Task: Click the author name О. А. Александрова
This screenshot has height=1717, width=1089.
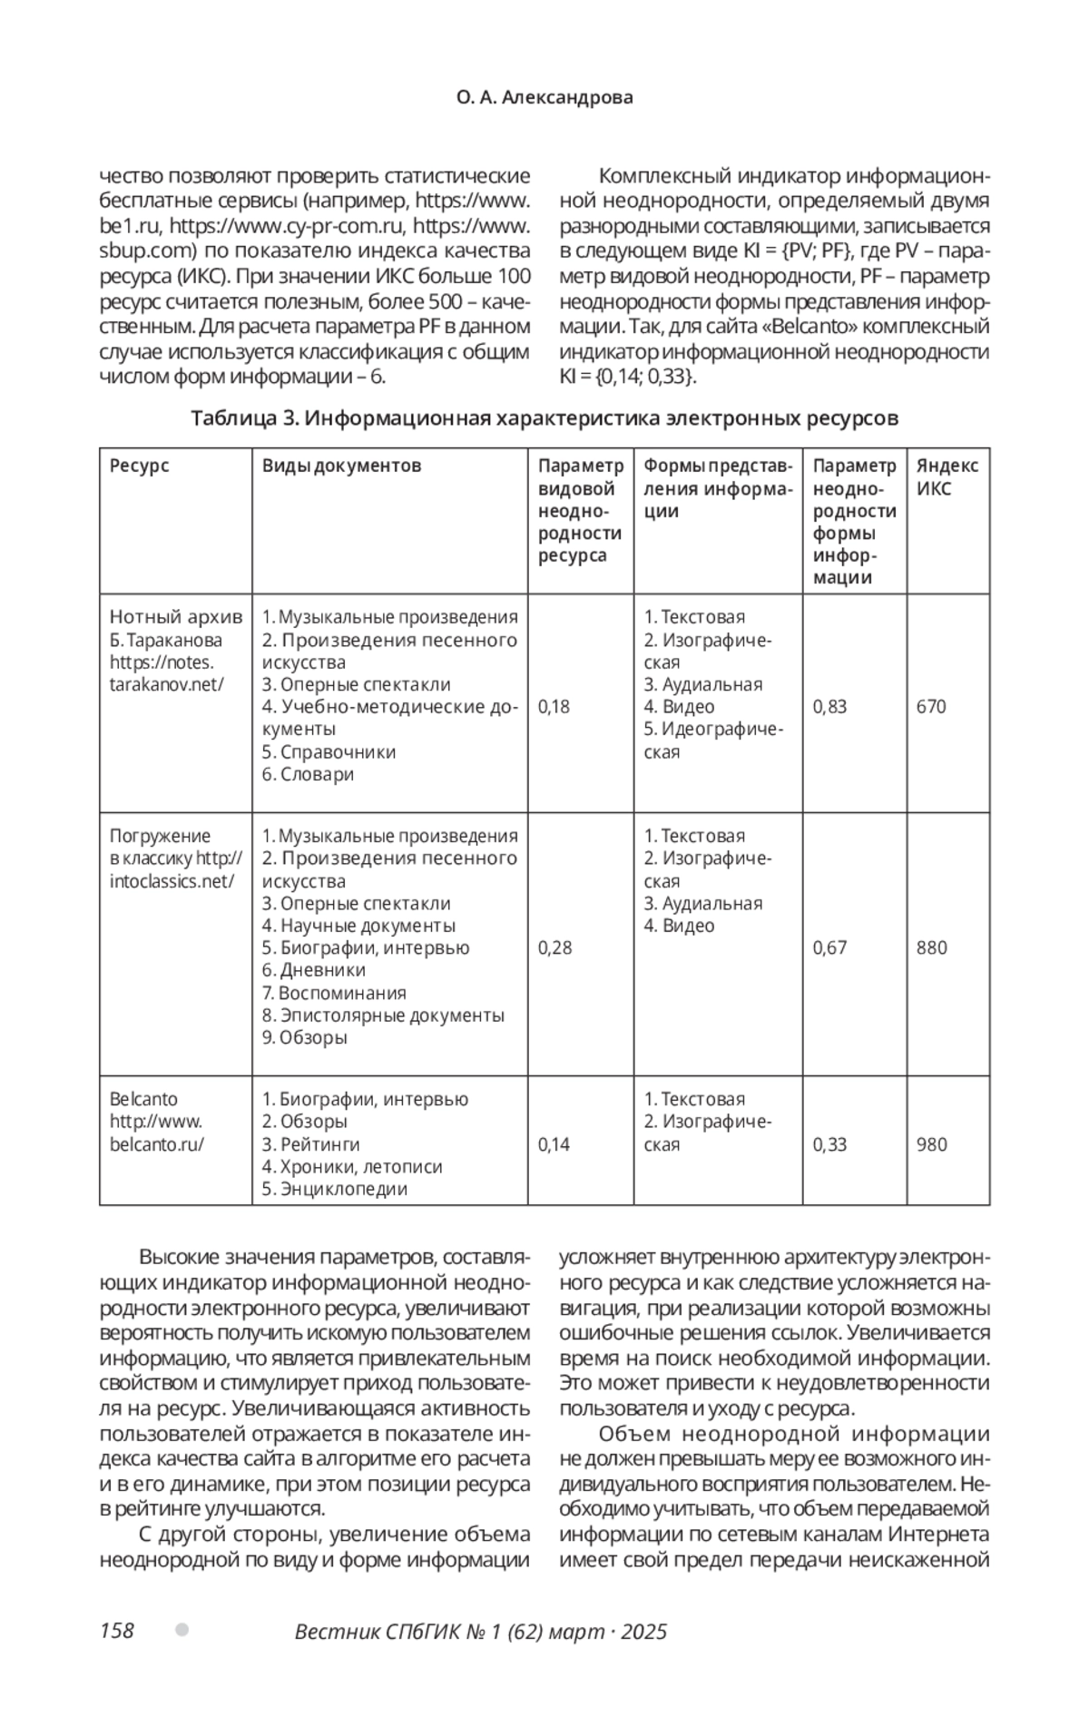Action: pos(544,98)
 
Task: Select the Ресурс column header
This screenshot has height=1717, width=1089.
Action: pos(140,466)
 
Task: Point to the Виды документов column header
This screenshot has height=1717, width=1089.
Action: pos(341,466)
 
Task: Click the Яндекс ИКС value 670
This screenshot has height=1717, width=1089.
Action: pos(931,707)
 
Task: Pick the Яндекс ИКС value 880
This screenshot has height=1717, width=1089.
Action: pos(931,948)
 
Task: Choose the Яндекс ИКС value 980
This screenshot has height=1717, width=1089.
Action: pos(931,1144)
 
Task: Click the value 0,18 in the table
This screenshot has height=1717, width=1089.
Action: pos(554,707)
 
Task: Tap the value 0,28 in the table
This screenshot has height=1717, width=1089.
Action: pos(554,948)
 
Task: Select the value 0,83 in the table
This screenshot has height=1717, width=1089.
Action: pos(829,707)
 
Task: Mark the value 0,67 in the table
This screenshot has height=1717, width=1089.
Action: pos(829,948)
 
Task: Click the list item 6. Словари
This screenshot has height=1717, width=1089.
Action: pos(309,774)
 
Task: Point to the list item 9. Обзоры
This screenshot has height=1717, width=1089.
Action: pos(305,1037)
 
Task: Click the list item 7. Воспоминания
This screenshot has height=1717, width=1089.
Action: pos(334,993)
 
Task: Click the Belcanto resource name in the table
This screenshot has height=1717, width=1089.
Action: pos(144,1100)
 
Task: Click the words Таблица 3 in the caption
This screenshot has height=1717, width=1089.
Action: pos(244,418)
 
